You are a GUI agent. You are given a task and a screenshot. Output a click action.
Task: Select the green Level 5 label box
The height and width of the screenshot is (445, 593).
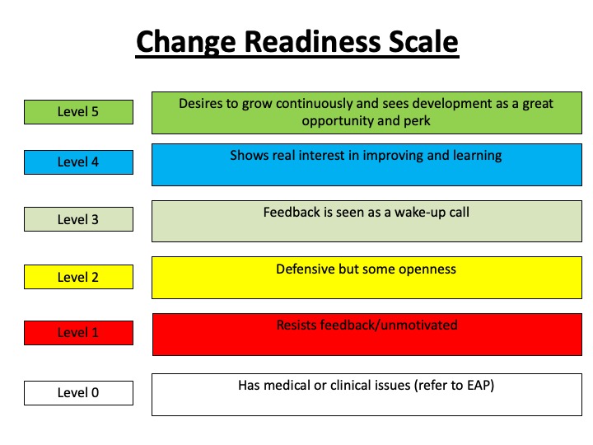point(79,112)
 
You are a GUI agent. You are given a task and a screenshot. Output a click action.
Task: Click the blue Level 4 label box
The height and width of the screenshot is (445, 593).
point(79,162)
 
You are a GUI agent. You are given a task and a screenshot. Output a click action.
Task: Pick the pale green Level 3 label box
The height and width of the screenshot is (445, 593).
point(79,219)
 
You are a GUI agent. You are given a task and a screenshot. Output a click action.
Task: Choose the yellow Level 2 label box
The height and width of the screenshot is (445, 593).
point(79,277)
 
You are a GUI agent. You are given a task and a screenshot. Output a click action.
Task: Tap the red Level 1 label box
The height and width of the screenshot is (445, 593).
point(79,333)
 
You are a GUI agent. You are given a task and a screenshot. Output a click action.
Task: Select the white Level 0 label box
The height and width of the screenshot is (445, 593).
point(79,393)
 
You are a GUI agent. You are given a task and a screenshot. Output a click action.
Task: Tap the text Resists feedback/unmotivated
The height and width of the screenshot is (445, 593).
point(367,325)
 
